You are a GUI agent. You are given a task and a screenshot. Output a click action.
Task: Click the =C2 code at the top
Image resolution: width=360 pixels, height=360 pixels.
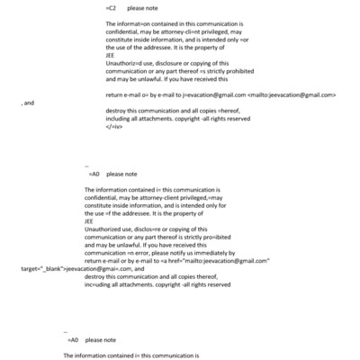(x=112, y=6)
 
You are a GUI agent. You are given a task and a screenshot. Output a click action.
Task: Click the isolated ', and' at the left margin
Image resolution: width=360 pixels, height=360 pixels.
(x=27, y=103)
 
